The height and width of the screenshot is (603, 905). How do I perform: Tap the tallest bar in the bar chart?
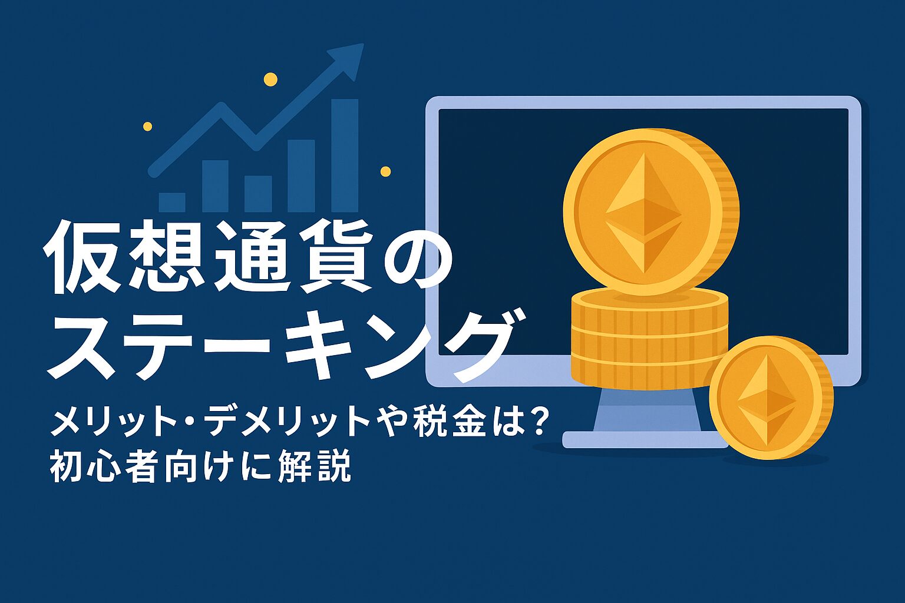pyautogui.click(x=345, y=155)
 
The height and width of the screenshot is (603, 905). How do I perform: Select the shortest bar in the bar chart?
pyautogui.click(x=172, y=203)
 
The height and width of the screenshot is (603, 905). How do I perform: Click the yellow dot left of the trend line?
pyautogui.click(x=147, y=127)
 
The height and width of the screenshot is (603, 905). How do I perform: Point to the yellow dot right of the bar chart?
pyautogui.click(x=386, y=171)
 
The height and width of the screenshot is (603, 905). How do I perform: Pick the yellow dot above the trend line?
pyautogui.click(x=270, y=79)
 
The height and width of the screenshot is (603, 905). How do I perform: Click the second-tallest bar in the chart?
pyautogui.click(x=302, y=175)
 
